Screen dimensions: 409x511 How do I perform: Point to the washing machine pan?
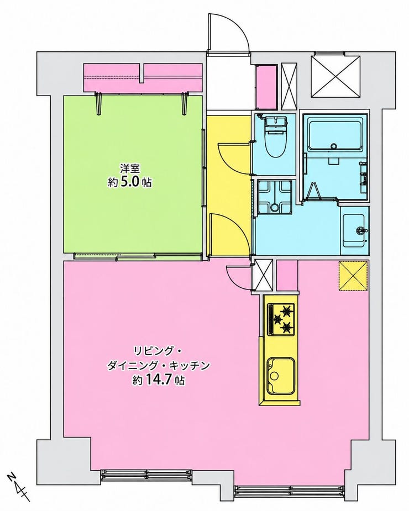[x=274, y=197]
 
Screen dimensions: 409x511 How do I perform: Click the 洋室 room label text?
[x=130, y=169]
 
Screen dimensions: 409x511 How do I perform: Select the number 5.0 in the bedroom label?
[x=130, y=182]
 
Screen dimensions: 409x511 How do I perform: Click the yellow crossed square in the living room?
[x=354, y=276]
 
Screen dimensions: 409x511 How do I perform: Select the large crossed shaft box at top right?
[x=335, y=77]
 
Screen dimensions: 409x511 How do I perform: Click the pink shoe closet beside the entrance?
[x=266, y=86]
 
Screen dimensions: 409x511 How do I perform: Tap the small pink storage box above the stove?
[x=287, y=275]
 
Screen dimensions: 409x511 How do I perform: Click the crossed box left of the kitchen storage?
[x=263, y=275]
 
